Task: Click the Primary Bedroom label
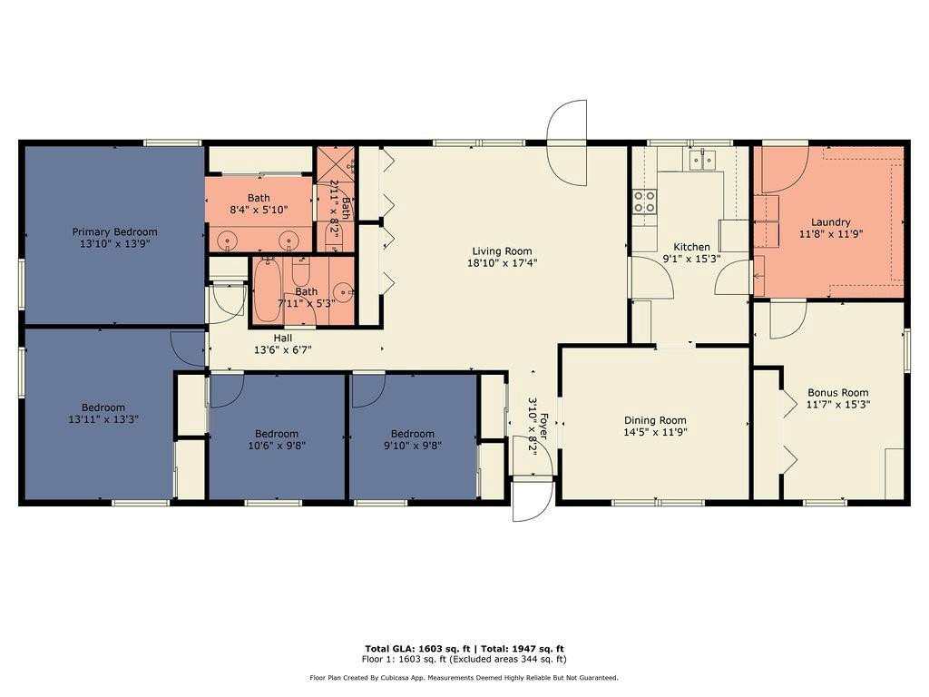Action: click(x=114, y=231)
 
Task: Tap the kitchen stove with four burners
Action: click(x=644, y=201)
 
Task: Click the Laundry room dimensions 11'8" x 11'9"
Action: click(x=830, y=234)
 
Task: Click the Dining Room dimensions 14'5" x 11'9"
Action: click(x=654, y=433)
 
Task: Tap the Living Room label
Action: click(x=502, y=251)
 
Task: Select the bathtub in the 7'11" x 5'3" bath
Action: click(x=268, y=291)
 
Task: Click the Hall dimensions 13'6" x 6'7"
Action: click(x=282, y=349)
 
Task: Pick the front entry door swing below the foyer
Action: click(x=532, y=500)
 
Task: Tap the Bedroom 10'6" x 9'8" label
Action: click(x=276, y=434)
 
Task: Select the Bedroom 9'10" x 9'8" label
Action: click(x=412, y=434)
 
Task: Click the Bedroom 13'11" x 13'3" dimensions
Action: click(x=103, y=419)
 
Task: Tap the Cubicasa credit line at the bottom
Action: click(x=464, y=677)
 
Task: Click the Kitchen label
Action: click(x=691, y=247)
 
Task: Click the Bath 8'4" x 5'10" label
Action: click(x=259, y=198)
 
